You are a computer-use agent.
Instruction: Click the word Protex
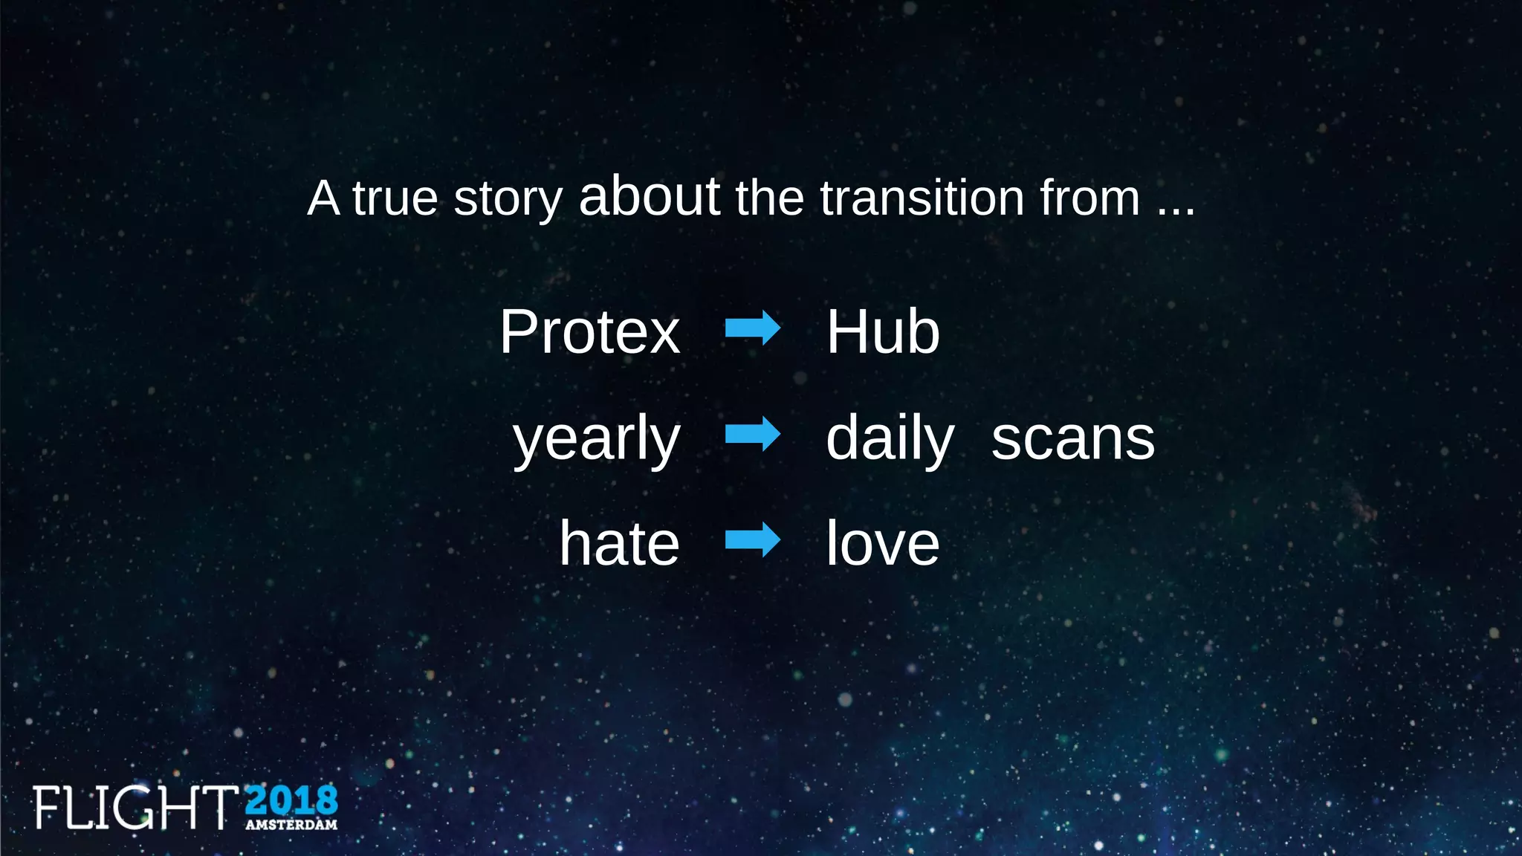point(589,332)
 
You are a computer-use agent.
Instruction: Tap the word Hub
point(883,332)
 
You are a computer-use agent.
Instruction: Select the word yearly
point(597,439)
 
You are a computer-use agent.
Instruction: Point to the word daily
point(890,439)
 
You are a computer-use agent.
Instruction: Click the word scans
point(1073,439)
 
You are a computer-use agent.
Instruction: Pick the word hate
point(619,544)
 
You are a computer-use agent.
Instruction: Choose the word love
point(883,544)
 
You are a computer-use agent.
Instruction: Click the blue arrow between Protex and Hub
point(753,328)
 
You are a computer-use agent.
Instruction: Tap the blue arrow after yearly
point(753,434)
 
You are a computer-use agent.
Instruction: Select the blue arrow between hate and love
point(753,539)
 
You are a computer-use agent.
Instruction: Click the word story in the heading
point(508,199)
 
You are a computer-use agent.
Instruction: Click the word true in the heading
point(395,198)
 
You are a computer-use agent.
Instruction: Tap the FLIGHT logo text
point(135,807)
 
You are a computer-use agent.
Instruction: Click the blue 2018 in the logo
point(291,801)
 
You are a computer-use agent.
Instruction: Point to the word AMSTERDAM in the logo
point(291,825)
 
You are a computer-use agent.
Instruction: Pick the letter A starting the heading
point(323,198)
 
